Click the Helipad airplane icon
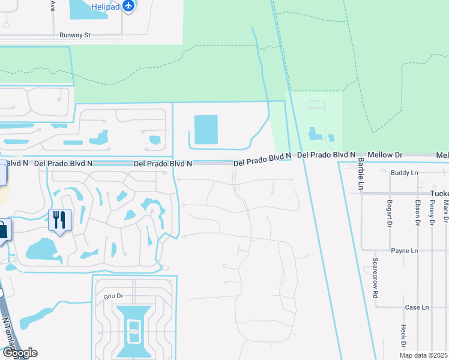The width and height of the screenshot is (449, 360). pos(128,7)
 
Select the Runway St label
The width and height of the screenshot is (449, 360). pos(74,35)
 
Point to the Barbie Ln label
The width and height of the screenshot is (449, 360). pos(361,173)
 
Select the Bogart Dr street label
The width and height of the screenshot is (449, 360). pos(390,213)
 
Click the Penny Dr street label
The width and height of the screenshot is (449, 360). pos(432,213)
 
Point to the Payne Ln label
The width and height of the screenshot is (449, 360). pos(404,251)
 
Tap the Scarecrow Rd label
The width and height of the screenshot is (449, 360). pos(375,278)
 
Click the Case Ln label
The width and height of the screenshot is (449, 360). pos(417,307)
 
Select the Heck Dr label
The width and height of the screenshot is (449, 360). pos(403,337)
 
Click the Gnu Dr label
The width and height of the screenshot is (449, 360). pos(113,296)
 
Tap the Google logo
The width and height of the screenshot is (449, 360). pos(19,353)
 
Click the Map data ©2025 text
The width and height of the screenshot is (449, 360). pos(424,355)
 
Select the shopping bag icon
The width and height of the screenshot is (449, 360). pos(3,230)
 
